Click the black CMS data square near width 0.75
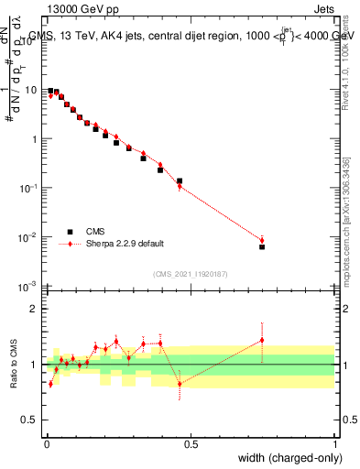point(262,246)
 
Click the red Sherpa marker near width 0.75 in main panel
point(262,241)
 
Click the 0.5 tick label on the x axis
point(190,443)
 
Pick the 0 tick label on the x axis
point(46,443)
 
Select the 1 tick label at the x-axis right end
point(335,443)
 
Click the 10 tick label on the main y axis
point(30,91)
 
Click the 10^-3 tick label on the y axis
point(28,287)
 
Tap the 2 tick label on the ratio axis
point(34,309)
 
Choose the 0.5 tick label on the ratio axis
point(30,420)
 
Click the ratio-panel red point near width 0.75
point(262,340)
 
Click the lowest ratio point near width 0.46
point(180,383)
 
